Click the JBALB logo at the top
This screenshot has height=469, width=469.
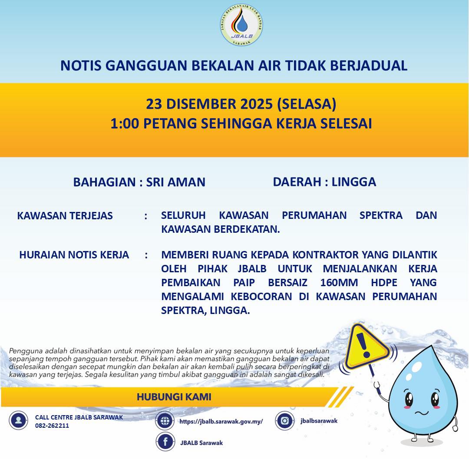pyautogui.click(x=241, y=26)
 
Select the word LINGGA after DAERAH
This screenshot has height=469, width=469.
pyautogui.click(x=353, y=182)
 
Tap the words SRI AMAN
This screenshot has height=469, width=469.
pyautogui.click(x=175, y=182)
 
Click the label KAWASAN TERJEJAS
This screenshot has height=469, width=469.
pyautogui.click(x=65, y=215)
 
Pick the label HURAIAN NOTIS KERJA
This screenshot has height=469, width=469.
pyautogui.click(x=74, y=255)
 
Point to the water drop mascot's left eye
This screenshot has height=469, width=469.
pyautogui.click(x=409, y=399)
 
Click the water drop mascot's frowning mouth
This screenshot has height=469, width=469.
pyautogui.click(x=422, y=410)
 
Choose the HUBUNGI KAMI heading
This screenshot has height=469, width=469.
pyautogui.click(x=174, y=397)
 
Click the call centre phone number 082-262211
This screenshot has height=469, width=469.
pyautogui.click(x=52, y=426)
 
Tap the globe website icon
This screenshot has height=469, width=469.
pyautogui.click(x=165, y=421)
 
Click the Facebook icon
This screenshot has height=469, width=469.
pyautogui.click(x=165, y=443)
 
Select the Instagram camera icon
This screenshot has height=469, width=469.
pyautogui.click(x=285, y=420)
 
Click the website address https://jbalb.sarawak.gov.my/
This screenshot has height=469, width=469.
pyautogui.click(x=221, y=421)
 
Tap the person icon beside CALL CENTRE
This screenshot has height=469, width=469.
pyautogui.click(x=18, y=420)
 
